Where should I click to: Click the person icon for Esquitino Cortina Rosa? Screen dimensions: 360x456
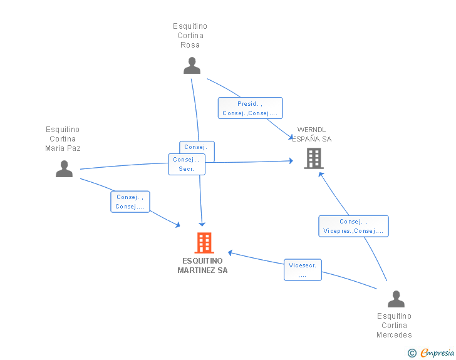(192, 66)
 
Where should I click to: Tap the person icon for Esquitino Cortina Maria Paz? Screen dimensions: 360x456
(64, 169)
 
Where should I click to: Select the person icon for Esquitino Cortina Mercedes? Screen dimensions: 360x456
(396, 299)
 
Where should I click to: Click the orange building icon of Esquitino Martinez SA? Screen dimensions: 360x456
(204, 243)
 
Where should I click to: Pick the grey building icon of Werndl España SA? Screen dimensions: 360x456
(313, 158)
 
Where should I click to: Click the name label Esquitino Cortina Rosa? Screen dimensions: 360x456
(190, 36)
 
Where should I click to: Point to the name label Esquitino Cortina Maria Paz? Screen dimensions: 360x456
(63, 139)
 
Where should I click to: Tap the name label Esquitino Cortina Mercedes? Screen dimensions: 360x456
(395, 326)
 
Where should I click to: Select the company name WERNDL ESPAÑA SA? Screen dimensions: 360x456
(311, 135)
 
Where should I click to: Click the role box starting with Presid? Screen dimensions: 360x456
(250, 108)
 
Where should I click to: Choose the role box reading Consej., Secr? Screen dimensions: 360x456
(187, 164)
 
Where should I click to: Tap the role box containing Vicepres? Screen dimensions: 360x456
(353, 226)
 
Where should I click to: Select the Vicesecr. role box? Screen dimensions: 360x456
(303, 270)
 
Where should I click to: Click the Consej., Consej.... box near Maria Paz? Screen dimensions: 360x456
(130, 202)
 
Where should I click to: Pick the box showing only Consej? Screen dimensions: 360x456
(197, 148)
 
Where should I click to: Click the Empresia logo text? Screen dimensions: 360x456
(437, 353)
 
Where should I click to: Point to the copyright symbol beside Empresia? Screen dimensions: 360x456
(412, 353)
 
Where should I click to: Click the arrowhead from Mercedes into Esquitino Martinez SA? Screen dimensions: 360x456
(231, 252)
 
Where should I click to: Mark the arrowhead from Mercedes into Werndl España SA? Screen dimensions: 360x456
(321, 173)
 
